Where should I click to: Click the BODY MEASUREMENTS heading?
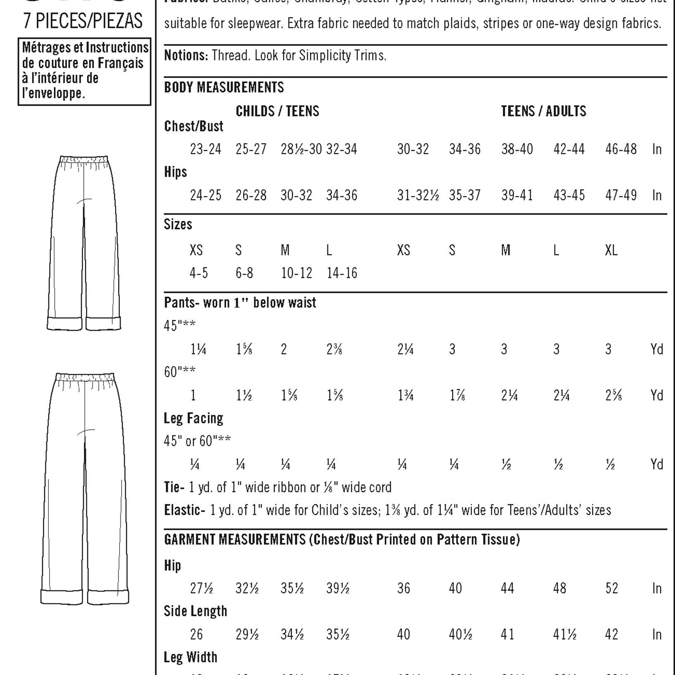[x=224, y=88]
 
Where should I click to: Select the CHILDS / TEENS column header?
[x=277, y=111]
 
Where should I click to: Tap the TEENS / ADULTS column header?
[x=543, y=111]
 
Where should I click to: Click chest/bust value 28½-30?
[x=301, y=149]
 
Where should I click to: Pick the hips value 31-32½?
[x=418, y=195]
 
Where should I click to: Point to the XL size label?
[x=611, y=250]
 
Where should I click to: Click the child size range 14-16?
[x=342, y=273]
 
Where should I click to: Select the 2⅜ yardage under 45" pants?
[x=334, y=349]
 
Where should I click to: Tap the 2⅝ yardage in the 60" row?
[x=613, y=396]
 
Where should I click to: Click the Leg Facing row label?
[x=193, y=419]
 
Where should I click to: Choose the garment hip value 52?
[x=611, y=588]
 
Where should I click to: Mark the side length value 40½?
[x=460, y=634]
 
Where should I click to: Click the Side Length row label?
[x=195, y=611]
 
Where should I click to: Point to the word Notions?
[x=186, y=55]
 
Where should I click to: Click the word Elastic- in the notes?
[x=184, y=510]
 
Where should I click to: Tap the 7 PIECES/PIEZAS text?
[x=83, y=21]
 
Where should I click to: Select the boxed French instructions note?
[x=85, y=71]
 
